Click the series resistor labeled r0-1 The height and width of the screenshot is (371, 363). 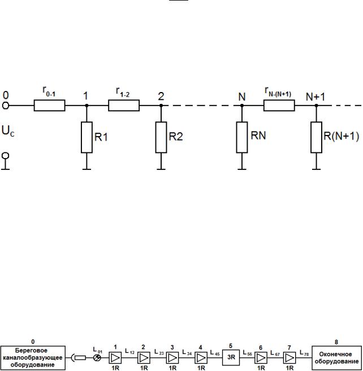(50, 105)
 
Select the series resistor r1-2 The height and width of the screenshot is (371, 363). (124, 105)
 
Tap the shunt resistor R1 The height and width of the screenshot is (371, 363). (87, 137)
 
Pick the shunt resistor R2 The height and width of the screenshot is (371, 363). (161, 137)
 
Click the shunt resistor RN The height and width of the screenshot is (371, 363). (242, 137)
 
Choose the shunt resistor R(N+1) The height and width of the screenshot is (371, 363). (316, 137)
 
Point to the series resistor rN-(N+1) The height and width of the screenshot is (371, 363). (279, 105)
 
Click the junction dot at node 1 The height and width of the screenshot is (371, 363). (87, 105)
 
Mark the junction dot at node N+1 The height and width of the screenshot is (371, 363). (316, 105)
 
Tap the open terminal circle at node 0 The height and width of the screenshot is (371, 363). (6, 106)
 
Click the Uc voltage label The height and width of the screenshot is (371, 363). (8, 131)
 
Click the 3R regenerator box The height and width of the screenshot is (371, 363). (231, 357)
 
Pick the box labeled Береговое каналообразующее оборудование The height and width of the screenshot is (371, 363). (33, 357)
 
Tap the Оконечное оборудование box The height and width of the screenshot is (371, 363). (336, 357)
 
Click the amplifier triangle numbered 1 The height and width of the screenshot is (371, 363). (115, 357)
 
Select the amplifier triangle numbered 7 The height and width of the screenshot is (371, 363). (289, 357)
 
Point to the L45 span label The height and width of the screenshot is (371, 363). (215, 353)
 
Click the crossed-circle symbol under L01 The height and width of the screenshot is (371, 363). (97, 358)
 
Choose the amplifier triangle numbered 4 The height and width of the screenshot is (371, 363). (201, 357)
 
